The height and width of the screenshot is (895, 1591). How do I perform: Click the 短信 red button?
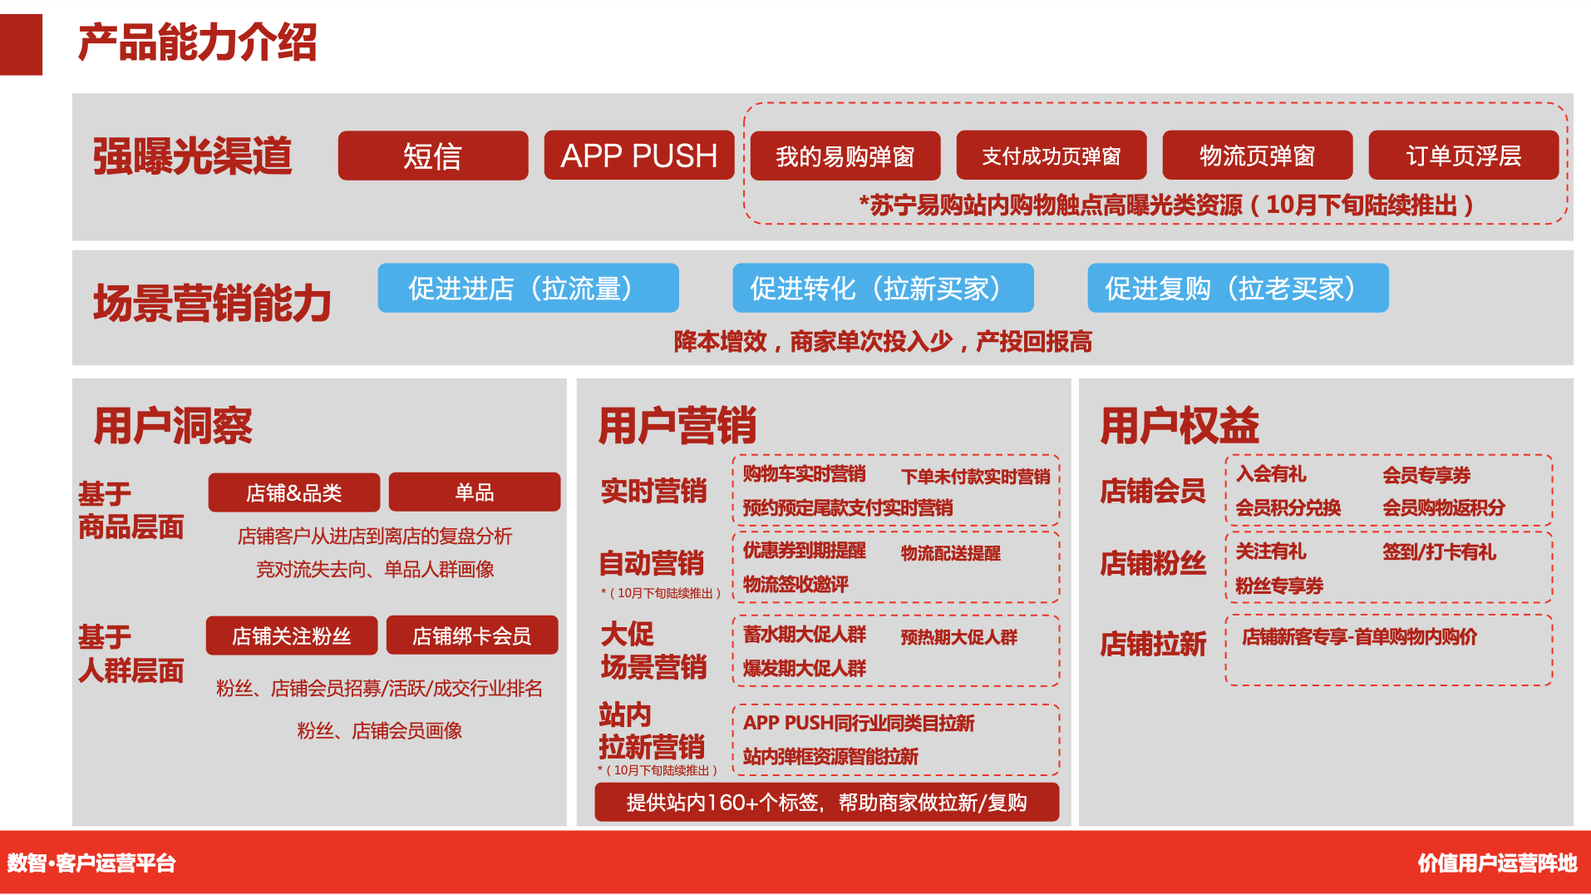click(432, 156)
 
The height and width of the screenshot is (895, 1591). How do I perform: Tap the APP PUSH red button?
click(638, 156)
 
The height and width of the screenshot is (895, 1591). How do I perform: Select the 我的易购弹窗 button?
click(845, 156)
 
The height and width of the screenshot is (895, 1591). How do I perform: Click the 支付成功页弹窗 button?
click(1051, 156)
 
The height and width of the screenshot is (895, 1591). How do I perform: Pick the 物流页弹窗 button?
click(1257, 156)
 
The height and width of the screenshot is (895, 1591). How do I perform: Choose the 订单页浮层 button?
click(1463, 156)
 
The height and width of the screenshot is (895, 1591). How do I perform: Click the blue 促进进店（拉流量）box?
click(528, 288)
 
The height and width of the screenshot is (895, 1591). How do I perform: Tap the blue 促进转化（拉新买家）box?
click(883, 288)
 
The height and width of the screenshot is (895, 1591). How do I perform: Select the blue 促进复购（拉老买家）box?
click(1238, 288)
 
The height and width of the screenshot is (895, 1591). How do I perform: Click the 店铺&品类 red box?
click(293, 492)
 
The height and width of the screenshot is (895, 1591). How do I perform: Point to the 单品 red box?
click(474, 492)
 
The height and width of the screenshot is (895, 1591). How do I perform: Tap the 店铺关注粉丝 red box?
click(291, 635)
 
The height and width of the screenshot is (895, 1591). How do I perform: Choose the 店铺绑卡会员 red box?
click(471, 635)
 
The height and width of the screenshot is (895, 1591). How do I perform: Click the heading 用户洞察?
click(173, 426)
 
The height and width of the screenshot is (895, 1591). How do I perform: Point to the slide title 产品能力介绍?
click(197, 42)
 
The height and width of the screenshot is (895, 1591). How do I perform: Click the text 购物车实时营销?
click(804, 474)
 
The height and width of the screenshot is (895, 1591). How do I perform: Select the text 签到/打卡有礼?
click(1439, 552)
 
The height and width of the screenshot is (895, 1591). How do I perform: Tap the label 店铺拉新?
click(1152, 644)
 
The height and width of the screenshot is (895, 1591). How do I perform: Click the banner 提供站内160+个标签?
click(826, 802)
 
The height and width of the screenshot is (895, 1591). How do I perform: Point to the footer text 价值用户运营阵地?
click(1496, 863)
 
